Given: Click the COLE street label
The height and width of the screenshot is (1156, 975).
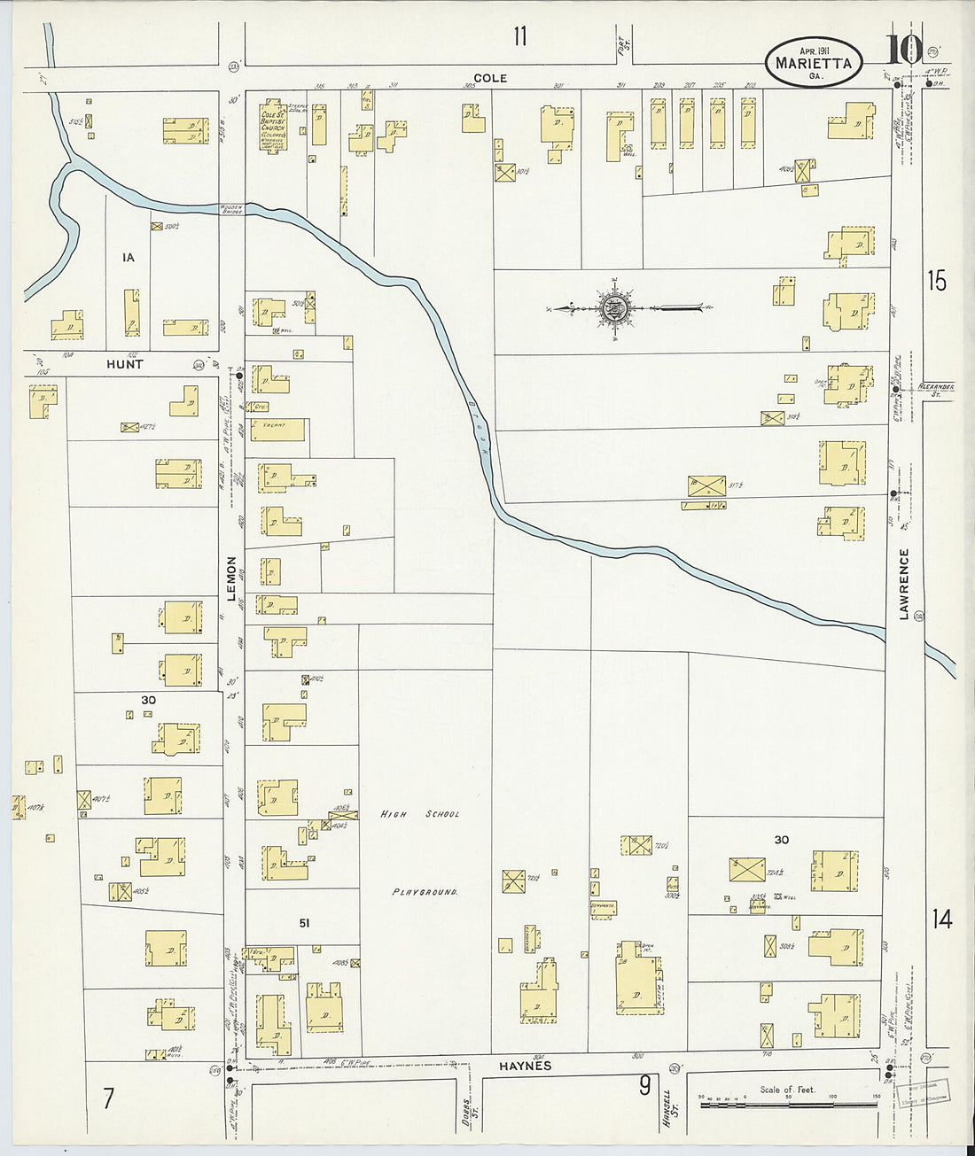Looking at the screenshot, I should pos(490,78).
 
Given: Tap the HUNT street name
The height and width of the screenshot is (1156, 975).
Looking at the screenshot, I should pos(124,364).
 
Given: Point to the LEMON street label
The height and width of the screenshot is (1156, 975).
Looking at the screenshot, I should pos(232,578).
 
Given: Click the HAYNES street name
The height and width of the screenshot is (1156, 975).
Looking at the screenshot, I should pos(526,1066).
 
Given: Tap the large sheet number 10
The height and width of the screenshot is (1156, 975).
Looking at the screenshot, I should pos(904,51).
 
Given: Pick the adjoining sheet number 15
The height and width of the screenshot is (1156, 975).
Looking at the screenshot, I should pos(936,282).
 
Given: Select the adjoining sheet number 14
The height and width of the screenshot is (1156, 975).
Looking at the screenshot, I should pos(940,919).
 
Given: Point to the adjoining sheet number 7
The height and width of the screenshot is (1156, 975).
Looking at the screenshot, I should pos(107,1099).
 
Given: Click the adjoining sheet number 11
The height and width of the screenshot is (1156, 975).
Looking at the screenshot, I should pos(519,36).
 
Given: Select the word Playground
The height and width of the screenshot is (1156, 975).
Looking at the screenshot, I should pos(425,892).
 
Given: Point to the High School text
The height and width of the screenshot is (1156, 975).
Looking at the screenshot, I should pos(420,813).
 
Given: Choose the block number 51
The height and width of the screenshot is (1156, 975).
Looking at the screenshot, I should pos(304,923).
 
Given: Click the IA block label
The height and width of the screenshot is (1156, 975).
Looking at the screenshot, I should pos(129,258).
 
